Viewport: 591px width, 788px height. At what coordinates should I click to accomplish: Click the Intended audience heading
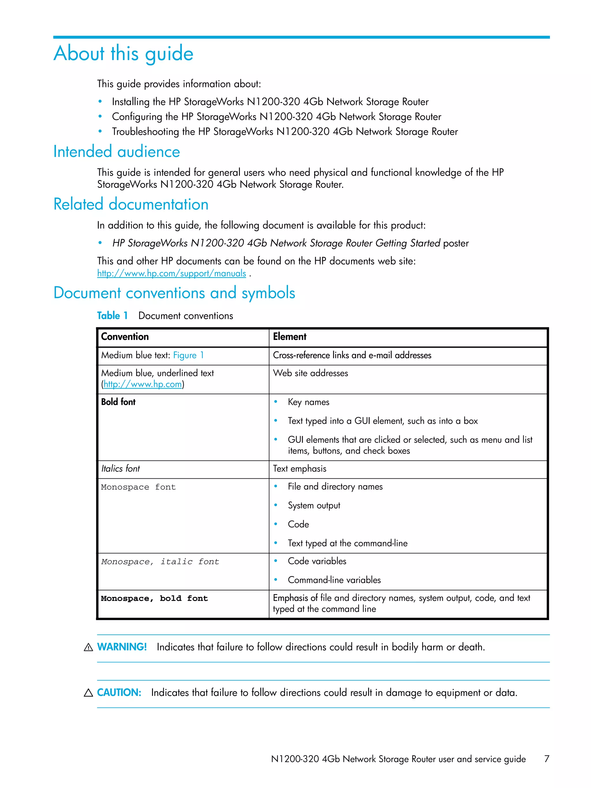[117, 152]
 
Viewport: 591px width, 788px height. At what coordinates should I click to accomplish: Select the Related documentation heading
[131, 205]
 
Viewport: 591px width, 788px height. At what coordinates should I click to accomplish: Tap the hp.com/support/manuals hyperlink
[171, 274]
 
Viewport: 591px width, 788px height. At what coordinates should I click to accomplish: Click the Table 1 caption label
[112, 316]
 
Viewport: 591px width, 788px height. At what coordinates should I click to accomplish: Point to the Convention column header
[125, 337]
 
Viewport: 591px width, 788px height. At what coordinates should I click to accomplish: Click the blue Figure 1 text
[188, 355]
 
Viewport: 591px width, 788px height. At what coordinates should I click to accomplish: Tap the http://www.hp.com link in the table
[143, 384]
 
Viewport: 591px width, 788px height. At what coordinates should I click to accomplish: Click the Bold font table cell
[118, 402]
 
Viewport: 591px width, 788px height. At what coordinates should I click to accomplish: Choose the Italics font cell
[120, 469]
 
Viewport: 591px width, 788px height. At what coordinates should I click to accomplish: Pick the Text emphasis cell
[299, 469]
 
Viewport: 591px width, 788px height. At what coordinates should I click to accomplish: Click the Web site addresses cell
[310, 373]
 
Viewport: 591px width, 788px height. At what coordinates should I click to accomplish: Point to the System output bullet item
[314, 506]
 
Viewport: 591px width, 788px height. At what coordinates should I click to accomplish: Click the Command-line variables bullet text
[334, 580]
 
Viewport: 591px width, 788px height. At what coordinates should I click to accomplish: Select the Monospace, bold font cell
[154, 598]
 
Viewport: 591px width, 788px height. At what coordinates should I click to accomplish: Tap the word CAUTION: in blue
[119, 692]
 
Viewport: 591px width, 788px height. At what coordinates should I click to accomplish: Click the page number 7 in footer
[547, 759]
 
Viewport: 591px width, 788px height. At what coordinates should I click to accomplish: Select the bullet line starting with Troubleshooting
[284, 132]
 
